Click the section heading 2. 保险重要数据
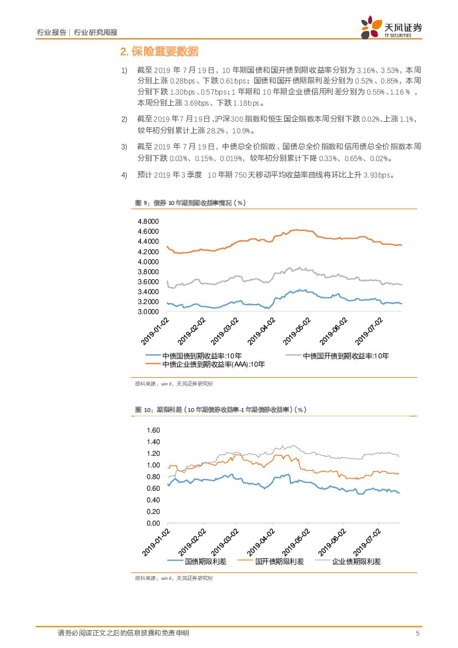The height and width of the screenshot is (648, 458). tap(159, 52)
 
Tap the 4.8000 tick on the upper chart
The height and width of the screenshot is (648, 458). tap(147, 222)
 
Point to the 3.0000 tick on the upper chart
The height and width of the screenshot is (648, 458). tap(147, 312)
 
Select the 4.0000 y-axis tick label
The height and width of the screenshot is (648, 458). tap(147, 261)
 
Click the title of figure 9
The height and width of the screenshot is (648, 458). tap(191, 203)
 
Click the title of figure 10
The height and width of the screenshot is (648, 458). tap(220, 410)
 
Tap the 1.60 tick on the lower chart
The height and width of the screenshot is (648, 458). tap(152, 430)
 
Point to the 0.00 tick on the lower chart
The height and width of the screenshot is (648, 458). tap(152, 523)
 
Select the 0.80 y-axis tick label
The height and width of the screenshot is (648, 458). tap(152, 477)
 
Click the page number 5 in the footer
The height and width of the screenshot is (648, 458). tap(418, 633)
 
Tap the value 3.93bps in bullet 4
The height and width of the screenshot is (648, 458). tap(378, 175)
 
